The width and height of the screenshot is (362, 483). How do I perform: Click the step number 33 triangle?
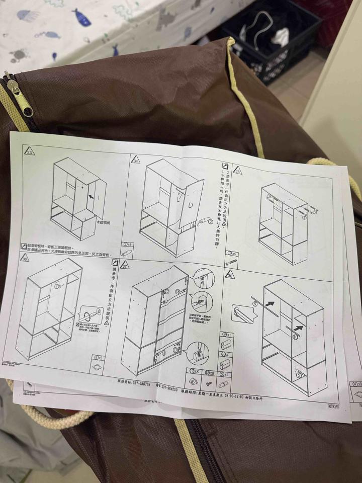click(x=30, y=152)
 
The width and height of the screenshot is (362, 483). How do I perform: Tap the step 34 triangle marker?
click(x=135, y=160)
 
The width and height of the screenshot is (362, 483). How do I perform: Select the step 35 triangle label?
click(x=237, y=171)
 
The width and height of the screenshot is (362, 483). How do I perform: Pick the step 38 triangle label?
click(x=230, y=276)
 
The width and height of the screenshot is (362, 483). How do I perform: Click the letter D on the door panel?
click(x=191, y=205)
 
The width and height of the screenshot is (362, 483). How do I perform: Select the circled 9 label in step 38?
click(x=255, y=303)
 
